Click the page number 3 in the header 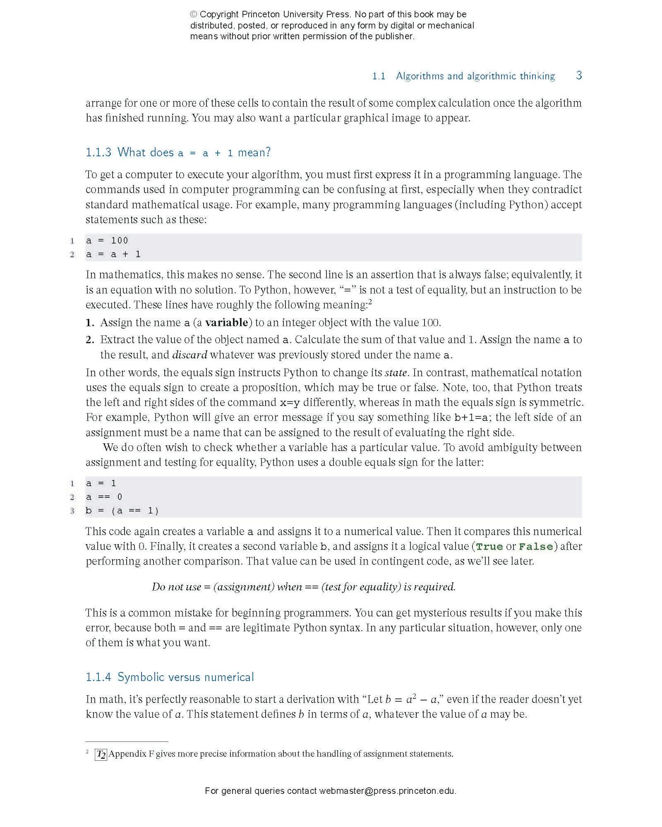click(x=579, y=75)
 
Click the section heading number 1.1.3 click(x=98, y=153)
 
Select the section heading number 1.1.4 click(x=98, y=677)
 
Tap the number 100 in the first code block click(x=119, y=240)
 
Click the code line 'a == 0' click(x=104, y=497)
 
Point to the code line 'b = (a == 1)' click(x=122, y=511)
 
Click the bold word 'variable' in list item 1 click(x=226, y=322)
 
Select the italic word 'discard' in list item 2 click(x=189, y=355)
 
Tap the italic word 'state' click(x=395, y=373)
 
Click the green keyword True click(x=489, y=547)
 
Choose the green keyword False click(x=536, y=547)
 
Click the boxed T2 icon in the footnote click(x=101, y=754)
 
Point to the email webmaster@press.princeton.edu click(x=387, y=791)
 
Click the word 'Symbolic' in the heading click(x=140, y=677)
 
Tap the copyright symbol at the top click(x=194, y=15)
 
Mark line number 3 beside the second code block click(x=72, y=511)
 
